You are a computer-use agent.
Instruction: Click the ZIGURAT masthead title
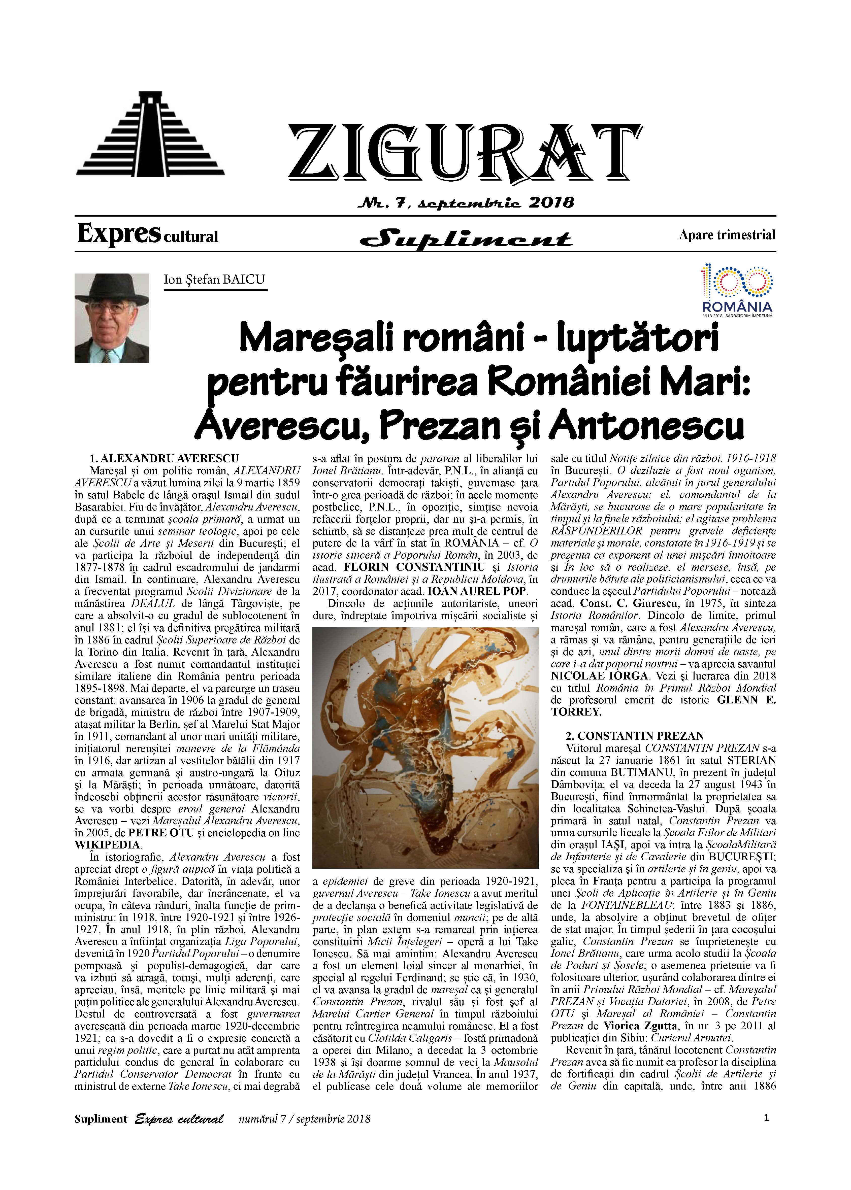coord(464,152)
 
